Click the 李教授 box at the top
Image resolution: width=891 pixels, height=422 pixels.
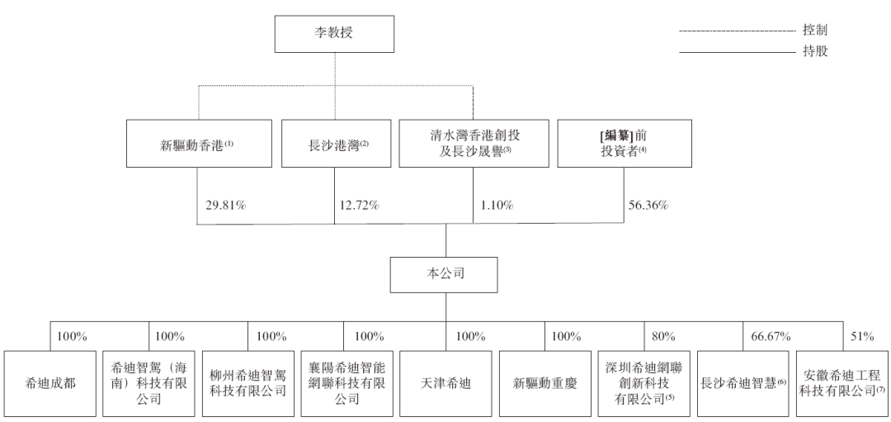point(334,34)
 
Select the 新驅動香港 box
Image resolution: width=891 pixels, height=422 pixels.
point(199,144)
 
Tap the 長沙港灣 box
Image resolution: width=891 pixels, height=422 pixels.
point(337,144)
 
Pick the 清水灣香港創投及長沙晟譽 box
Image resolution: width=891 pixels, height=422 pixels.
point(474,144)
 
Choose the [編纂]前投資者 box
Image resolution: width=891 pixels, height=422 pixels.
point(625,144)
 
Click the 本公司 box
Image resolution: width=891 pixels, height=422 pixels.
point(444,275)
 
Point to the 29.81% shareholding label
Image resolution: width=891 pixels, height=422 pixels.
point(225,206)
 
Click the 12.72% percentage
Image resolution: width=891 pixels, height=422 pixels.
point(359,206)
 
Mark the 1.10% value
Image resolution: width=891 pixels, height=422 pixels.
point(497,206)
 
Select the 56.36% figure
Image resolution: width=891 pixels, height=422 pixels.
point(648,206)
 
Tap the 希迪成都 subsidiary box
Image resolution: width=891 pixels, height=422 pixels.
point(50,384)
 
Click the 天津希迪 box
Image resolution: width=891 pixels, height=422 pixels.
point(445,384)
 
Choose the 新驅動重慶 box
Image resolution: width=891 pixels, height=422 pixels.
point(545,384)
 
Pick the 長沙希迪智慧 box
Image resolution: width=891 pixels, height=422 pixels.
point(743,384)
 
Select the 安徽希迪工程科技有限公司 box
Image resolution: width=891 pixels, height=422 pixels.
point(842,384)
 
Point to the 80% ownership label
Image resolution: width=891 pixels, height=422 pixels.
point(663,337)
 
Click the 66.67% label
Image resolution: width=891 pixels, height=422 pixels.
point(771,337)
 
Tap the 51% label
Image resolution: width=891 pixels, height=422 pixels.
point(862,337)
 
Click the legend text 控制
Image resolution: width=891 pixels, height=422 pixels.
point(815,30)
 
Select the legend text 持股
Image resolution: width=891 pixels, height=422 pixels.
point(815,52)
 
